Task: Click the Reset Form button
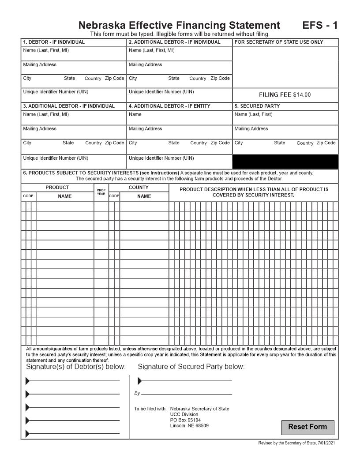[x=307, y=427]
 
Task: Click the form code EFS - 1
[x=320, y=25]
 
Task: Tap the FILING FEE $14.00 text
[x=285, y=95]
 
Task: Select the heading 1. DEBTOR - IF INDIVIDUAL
[x=54, y=42]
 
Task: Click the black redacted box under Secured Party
[x=285, y=162]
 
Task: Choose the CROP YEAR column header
[x=101, y=192]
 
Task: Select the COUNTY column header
[x=139, y=188]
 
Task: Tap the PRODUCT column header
[x=57, y=188]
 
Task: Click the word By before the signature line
[x=137, y=393]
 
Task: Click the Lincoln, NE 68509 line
[x=189, y=426]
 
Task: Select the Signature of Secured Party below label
[x=191, y=367]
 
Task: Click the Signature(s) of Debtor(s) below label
[x=76, y=367]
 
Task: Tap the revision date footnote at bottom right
[x=299, y=443]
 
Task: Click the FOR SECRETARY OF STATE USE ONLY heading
[x=279, y=42]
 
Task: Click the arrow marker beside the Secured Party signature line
[x=140, y=381]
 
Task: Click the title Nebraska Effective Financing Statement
[x=179, y=25]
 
